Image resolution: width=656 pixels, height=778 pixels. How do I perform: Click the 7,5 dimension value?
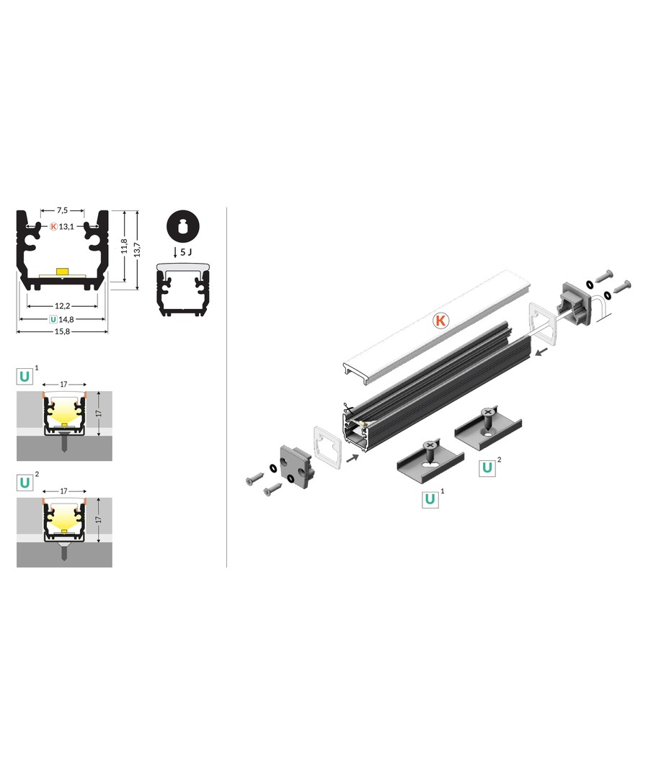[62, 210]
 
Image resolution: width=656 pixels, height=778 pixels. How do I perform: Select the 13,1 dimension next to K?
[66, 227]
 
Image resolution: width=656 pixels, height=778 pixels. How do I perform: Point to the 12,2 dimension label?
[62, 306]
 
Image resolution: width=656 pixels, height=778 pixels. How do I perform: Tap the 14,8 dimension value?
[66, 320]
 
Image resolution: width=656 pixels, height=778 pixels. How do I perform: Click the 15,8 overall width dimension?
[62, 331]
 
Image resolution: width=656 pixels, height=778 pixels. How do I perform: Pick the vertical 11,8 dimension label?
[124, 246]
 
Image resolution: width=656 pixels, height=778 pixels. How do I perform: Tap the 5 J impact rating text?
[186, 252]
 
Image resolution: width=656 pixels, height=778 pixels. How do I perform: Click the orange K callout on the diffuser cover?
[440, 321]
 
